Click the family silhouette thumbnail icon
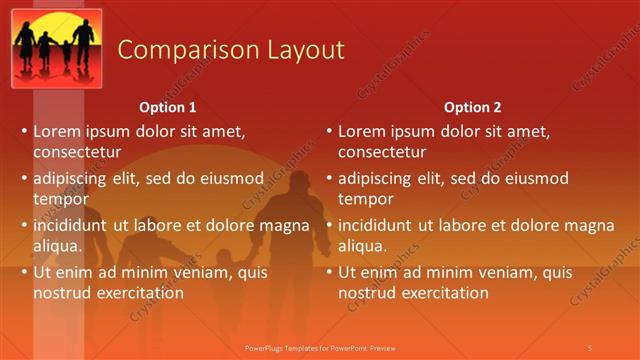coord(57,48)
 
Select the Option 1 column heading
coord(168,107)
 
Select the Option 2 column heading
coord(473,107)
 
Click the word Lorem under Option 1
coord(57,131)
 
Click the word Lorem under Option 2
coord(362,131)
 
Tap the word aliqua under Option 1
coord(57,246)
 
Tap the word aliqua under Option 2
coord(362,246)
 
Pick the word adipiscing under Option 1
coord(74,178)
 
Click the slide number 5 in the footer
coord(589,347)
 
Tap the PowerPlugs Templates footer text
coord(320,347)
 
